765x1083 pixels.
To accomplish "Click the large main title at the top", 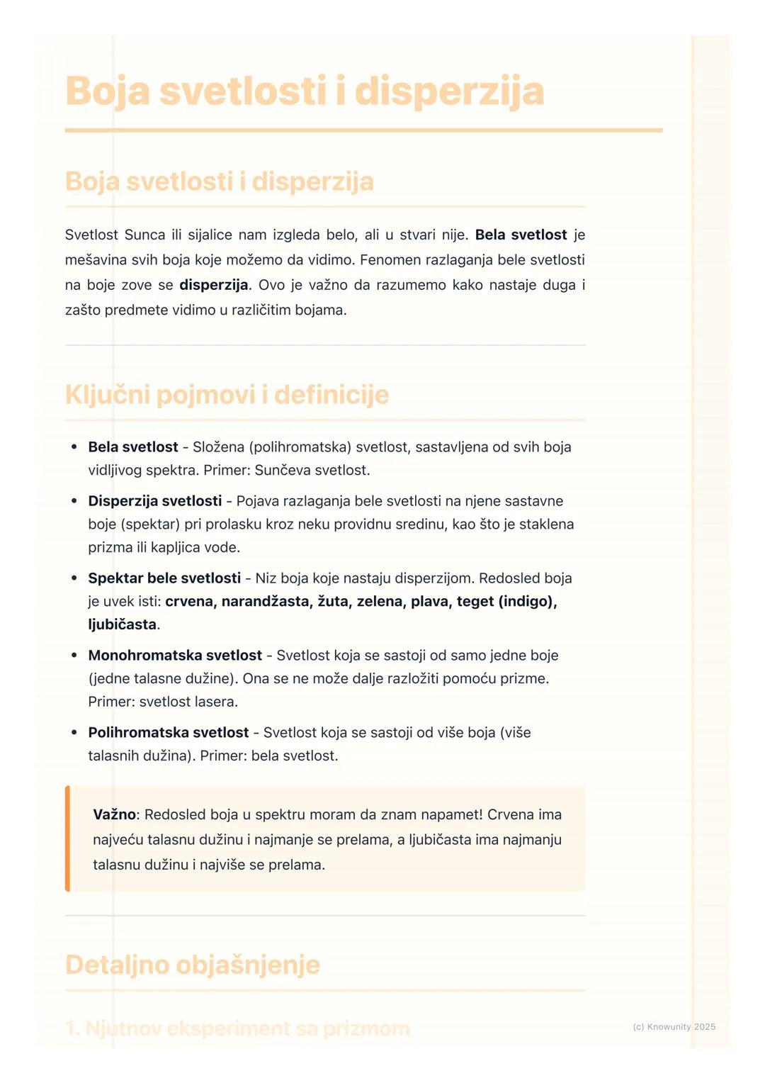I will click(x=305, y=91).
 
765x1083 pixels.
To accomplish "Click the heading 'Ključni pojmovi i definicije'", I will click(x=227, y=395).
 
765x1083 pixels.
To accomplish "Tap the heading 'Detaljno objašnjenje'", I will click(x=192, y=965).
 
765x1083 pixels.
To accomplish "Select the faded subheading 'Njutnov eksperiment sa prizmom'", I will click(x=246, y=1028).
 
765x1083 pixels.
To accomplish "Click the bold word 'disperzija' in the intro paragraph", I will click(x=213, y=285).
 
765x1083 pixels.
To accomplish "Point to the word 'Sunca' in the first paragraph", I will click(x=144, y=235).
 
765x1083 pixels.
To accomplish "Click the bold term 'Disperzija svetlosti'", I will click(x=154, y=501).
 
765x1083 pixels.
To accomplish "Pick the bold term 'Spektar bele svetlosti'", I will click(x=164, y=578).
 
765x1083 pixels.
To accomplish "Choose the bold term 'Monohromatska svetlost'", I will click(x=175, y=656).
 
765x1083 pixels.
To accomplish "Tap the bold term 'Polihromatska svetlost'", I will click(x=169, y=733).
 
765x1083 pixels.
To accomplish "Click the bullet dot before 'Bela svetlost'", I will click(x=74, y=447).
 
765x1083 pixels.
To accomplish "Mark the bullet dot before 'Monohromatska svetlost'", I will click(x=74, y=656).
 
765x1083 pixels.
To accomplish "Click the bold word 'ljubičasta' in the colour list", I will click(x=122, y=624).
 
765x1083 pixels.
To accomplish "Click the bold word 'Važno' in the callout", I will click(x=113, y=815).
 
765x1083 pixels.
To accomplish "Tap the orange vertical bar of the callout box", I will click(x=67, y=838).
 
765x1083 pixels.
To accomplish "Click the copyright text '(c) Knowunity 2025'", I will click(x=674, y=1026).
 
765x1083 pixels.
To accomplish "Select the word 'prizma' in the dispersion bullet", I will click(x=110, y=547).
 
